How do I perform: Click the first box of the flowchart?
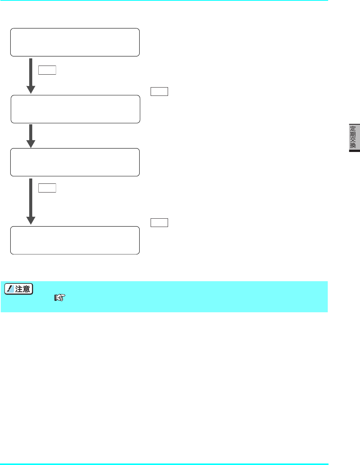[75, 42]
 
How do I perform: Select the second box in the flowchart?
[75, 109]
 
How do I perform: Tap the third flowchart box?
[75, 162]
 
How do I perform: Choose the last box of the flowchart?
[75, 240]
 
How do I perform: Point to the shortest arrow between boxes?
[31, 136]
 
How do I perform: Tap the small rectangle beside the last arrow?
[47, 188]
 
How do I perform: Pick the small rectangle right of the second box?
[159, 92]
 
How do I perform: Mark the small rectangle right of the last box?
[159, 222]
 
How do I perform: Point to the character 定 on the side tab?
[353, 128]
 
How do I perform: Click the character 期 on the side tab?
[353, 133]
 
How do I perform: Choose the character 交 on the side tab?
[353, 139]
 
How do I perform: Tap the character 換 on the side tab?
[353, 146]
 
